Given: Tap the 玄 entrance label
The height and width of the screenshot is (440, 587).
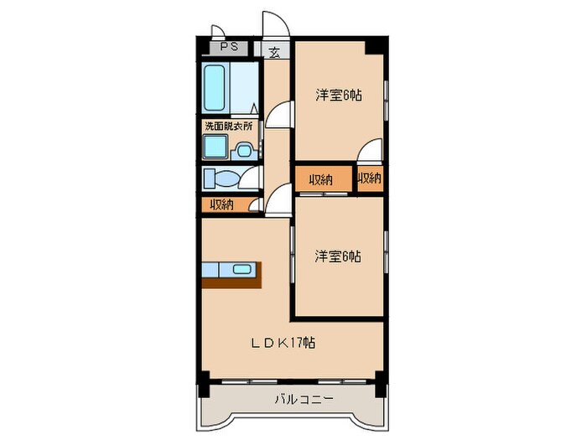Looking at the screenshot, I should (274, 52).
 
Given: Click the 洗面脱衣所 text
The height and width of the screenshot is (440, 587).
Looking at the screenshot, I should (228, 126).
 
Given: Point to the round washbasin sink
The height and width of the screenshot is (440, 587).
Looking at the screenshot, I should (243, 150).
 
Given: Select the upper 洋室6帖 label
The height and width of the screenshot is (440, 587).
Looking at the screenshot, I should (339, 96).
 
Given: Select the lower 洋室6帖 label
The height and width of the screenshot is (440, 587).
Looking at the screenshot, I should (339, 256).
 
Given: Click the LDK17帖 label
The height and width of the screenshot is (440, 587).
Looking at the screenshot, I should (285, 342).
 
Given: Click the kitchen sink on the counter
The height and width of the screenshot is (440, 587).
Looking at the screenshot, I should (242, 269).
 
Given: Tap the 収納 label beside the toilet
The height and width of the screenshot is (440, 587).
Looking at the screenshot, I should (221, 204).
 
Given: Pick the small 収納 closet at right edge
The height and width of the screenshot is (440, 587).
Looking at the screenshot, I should (370, 178).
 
